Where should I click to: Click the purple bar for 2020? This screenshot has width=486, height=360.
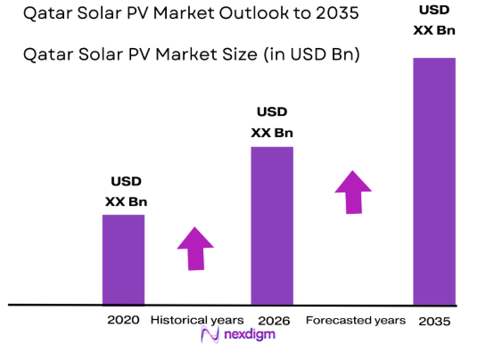(123, 259)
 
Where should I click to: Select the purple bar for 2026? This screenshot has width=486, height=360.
(272, 225)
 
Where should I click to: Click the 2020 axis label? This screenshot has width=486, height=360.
(124, 320)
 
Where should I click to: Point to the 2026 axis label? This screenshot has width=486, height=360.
(272, 320)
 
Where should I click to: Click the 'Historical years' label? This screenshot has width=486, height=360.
(196, 320)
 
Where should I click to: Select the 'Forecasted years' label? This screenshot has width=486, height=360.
(355, 320)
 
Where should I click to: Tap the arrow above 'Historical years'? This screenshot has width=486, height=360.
(195, 248)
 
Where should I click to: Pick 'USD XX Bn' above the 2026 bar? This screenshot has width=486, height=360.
(272, 123)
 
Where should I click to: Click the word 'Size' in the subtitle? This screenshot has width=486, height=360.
(235, 55)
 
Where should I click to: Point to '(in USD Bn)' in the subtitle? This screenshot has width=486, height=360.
(309, 55)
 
